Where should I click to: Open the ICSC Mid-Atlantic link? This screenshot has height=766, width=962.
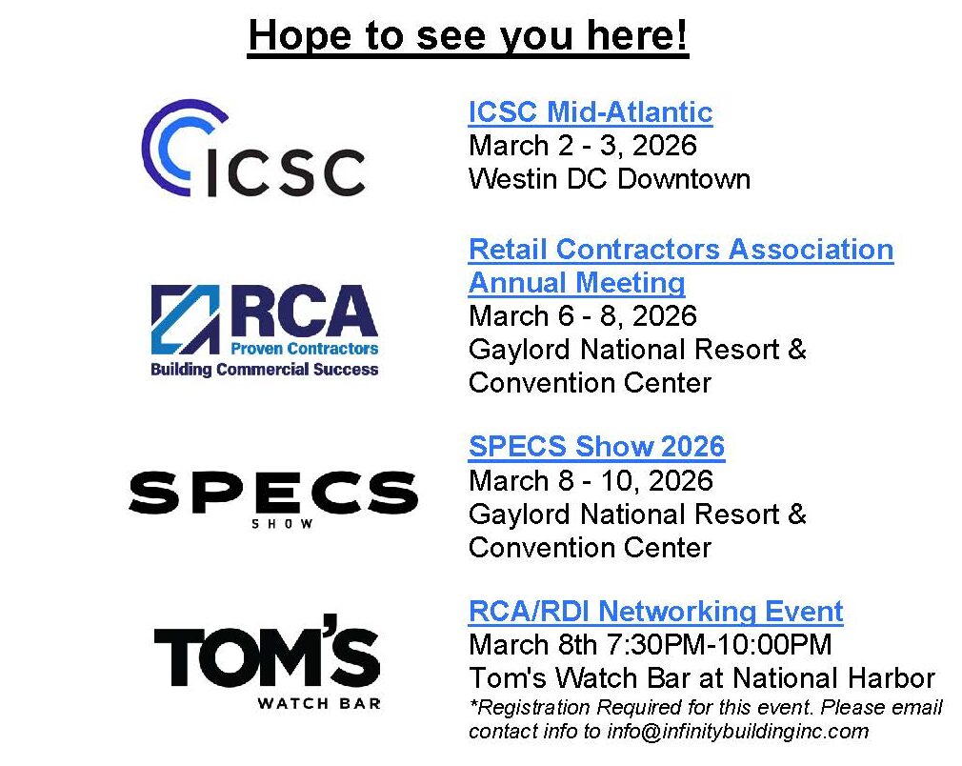591,112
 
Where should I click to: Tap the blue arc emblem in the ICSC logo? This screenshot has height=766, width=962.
179,145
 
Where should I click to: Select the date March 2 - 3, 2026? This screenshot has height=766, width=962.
583,146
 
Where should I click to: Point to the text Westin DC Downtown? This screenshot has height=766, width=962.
610,179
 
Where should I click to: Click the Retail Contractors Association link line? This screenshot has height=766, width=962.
681,250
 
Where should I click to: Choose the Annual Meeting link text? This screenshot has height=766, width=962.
576,283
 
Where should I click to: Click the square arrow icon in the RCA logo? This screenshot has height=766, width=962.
186,319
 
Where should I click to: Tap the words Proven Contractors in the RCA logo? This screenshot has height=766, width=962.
304,349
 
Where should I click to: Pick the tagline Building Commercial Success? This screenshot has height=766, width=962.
265,370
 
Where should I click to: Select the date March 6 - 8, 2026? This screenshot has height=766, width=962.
583,316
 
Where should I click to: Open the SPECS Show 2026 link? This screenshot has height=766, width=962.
596,446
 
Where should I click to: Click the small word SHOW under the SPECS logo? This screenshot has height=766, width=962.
282,524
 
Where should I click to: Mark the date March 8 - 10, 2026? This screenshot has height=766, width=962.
591,480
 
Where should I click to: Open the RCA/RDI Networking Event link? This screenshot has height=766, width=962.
656,612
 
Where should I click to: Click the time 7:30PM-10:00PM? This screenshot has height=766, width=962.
719,645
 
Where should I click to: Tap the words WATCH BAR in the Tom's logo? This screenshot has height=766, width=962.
319,703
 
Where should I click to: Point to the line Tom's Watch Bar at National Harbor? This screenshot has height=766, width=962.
702,678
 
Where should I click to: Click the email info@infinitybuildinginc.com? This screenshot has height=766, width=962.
738,732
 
